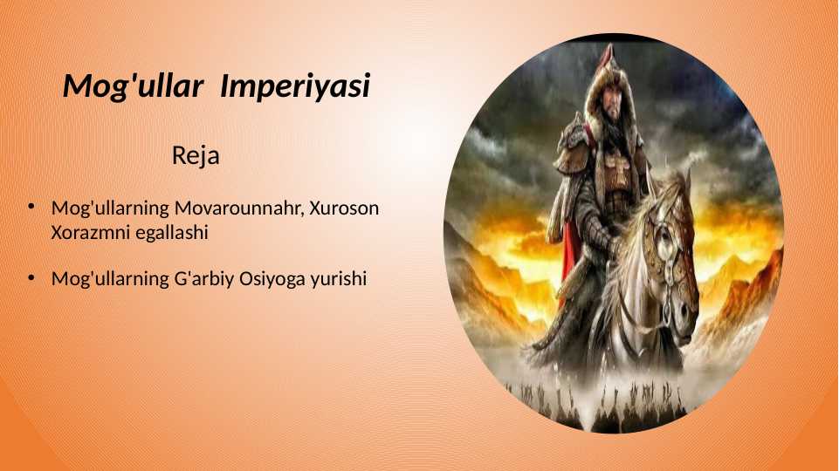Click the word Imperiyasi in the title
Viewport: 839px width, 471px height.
[x=295, y=86]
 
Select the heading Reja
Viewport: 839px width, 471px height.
[x=195, y=156]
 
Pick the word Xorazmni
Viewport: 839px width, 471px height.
[x=88, y=233]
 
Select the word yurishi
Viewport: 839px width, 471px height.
[x=338, y=279]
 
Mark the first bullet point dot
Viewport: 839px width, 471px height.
[x=30, y=208]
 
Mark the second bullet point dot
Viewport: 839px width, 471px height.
[x=30, y=278]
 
